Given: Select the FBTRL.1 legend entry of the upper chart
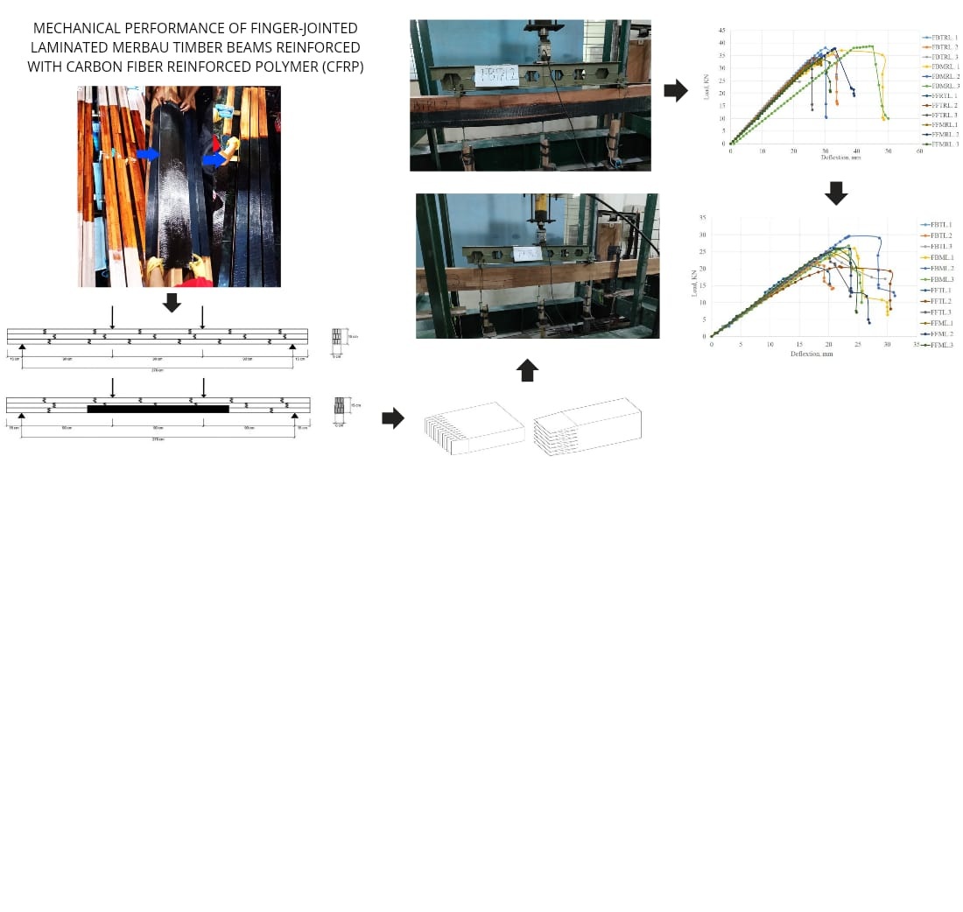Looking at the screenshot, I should [944, 38].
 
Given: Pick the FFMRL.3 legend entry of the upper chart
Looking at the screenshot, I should [944, 144].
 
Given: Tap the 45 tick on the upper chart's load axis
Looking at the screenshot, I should [721, 31].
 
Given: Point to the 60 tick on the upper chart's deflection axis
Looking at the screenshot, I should [919, 151].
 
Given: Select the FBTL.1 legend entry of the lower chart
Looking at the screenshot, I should [941, 225].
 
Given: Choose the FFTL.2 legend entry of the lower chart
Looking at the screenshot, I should [941, 301].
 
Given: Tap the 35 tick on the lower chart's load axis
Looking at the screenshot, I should [702, 217].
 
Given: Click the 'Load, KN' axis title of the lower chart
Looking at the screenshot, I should [695, 282].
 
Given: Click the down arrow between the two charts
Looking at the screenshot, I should [836, 193].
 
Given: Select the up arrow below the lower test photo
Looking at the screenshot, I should [527, 370].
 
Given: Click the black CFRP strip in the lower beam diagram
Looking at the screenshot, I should [158, 409].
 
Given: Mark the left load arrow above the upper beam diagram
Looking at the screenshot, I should [112, 317].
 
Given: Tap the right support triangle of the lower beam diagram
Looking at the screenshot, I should [294, 416].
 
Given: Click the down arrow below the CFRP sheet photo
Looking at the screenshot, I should [172, 303].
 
